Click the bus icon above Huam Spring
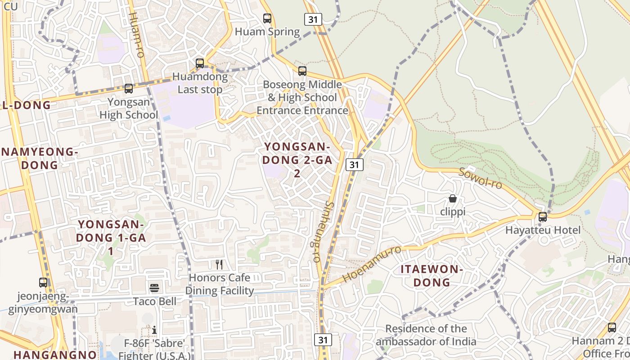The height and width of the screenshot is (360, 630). (x=267, y=18)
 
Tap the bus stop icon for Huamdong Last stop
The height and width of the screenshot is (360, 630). (x=200, y=63)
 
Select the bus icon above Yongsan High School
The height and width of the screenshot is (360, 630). (x=129, y=89)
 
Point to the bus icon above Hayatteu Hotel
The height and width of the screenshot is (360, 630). (x=543, y=217)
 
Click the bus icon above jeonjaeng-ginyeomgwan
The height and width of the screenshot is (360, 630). (x=43, y=283)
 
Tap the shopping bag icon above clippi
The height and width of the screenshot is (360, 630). (x=453, y=198)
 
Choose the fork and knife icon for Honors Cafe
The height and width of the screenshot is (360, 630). (x=219, y=264)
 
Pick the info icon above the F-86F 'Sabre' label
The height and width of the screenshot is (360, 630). (x=154, y=330)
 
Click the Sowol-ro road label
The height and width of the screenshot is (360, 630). (x=480, y=178)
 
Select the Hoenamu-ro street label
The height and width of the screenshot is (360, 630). (x=372, y=264)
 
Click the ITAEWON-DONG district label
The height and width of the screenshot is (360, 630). (x=432, y=276)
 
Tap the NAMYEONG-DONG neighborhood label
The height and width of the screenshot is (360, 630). (x=40, y=158)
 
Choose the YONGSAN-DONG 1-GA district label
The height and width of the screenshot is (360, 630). (x=111, y=237)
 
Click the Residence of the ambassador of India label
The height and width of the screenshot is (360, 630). (x=426, y=335)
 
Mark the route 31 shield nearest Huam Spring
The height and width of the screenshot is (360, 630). (x=313, y=19)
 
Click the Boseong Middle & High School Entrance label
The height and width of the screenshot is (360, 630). (x=302, y=97)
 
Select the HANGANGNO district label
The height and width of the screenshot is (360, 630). (x=55, y=354)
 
